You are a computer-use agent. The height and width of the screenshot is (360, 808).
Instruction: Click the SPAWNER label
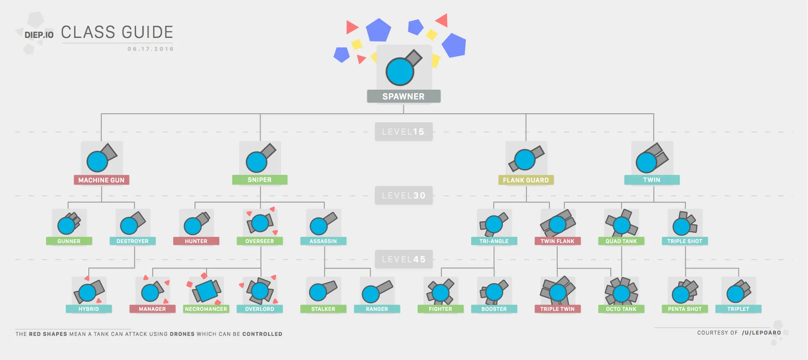point(403,96)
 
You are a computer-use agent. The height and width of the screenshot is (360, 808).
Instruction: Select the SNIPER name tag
point(260,180)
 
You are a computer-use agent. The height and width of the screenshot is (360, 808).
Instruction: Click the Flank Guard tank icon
point(526,158)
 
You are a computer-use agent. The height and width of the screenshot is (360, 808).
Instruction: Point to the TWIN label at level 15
point(651,180)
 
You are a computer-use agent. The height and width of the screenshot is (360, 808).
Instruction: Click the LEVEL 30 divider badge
point(403,195)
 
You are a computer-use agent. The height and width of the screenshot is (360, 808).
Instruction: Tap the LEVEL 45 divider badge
point(403,259)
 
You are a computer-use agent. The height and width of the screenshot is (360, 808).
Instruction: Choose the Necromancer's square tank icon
point(206,291)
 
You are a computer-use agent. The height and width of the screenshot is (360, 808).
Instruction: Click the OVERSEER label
point(260,241)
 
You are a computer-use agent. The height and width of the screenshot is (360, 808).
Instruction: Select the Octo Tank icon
point(621,292)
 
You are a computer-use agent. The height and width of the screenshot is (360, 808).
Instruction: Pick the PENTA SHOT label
point(684,309)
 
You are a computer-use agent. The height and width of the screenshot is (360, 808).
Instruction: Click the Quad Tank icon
point(621,224)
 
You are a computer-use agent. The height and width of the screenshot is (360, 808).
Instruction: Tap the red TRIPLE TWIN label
point(557,309)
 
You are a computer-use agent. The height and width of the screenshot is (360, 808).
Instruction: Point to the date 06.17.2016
point(150,49)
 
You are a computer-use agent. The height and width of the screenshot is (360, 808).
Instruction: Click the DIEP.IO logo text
point(39,35)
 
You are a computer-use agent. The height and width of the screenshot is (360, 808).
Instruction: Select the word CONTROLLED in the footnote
point(262,334)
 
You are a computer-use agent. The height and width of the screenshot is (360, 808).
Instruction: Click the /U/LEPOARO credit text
point(761,333)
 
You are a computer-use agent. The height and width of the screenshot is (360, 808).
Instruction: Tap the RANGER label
point(377,309)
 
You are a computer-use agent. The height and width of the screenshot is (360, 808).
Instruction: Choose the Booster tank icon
point(494,292)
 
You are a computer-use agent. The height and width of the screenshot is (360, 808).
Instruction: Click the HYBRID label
point(89,309)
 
